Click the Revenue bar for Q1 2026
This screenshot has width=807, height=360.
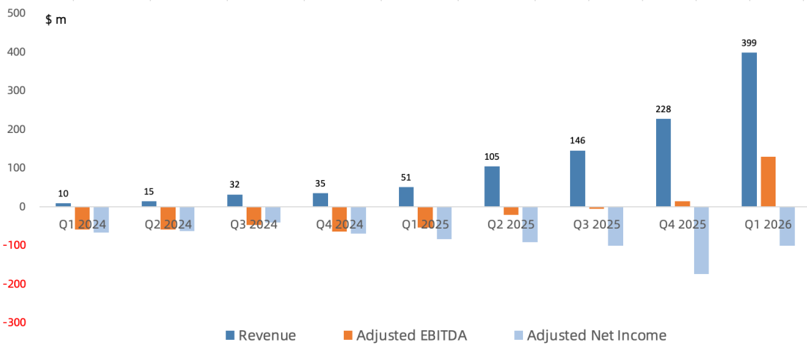(x=749, y=130)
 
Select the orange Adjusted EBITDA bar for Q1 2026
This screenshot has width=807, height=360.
(x=768, y=181)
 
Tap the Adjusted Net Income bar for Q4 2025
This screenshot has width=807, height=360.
(x=701, y=240)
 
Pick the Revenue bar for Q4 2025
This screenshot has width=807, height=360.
(x=664, y=163)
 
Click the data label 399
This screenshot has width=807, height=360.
(x=749, y=43)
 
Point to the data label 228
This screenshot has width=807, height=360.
(x=664, y=110)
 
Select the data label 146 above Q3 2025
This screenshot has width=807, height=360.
(x=578, y=141)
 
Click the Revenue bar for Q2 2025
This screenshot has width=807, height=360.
(x=492, y=186)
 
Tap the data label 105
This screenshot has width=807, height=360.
(x=492, y=157)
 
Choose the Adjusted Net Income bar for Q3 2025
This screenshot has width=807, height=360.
(x=616, y=226)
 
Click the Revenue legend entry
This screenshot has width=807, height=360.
(x=262, y=336)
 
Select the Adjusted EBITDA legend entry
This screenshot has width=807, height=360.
(x=405, y=336)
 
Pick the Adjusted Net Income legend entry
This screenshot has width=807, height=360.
(x=590, y=336)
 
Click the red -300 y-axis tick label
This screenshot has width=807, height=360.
(x=14, y=323)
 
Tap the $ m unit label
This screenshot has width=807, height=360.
(x=56, y=21)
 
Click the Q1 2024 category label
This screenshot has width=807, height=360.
(x=82, y=225)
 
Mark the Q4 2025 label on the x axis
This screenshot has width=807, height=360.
(x=682, y=225)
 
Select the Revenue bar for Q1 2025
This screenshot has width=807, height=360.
(x=406, y=197)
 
